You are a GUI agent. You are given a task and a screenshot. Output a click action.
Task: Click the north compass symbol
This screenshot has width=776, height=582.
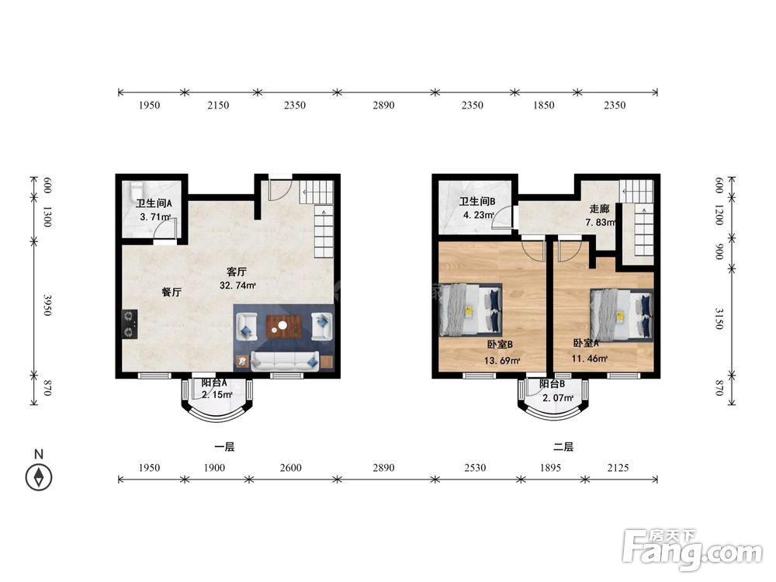tap(39, 477)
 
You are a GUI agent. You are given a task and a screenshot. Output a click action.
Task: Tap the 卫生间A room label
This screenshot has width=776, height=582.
tap(154, 203)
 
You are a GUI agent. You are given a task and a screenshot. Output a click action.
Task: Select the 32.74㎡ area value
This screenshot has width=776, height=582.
tap(237, 286)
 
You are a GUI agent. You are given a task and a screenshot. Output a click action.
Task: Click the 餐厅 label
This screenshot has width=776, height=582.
tap(171, 292)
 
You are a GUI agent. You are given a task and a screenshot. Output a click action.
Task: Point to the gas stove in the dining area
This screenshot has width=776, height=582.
tap(130, 324)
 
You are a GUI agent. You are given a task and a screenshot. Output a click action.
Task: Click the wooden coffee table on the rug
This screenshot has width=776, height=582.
tap(284, 326)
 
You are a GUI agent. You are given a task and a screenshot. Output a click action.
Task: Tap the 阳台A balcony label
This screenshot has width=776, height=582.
tap(214, 383)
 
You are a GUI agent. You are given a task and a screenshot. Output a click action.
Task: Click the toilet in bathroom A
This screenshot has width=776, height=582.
tap(136, 190)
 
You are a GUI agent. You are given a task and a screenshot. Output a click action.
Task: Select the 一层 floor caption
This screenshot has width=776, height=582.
tap(224, 447)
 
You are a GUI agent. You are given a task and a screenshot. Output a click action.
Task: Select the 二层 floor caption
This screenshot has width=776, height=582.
tap(563, 447)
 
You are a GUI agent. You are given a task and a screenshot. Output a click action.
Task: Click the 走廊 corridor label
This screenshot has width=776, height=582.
tap(599, 210)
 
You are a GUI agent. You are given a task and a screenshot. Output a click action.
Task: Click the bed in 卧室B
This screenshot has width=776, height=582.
tap(470, 310)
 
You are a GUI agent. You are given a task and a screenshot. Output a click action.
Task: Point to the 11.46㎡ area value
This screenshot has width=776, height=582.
tap(590, 358)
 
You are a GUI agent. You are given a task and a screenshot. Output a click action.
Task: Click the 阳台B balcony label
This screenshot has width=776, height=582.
tap(552, 383)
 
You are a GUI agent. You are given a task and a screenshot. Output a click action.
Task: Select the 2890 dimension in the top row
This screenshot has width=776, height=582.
tap(383, 105)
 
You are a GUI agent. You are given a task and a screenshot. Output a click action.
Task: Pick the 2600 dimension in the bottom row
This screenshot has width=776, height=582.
tap(290, 468)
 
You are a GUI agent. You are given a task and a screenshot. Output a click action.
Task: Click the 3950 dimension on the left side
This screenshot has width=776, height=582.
tap(47, 305)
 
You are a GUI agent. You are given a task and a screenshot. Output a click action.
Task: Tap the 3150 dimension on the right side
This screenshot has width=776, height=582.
tap(719, 318)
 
